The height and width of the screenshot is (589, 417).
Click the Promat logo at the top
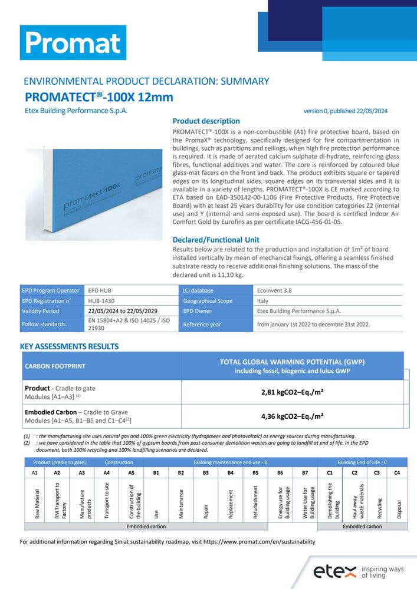pos(73,42)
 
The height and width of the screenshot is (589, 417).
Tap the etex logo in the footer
pos(334,571)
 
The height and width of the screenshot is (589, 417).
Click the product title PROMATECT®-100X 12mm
pos(99,97)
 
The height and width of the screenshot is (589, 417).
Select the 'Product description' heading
pos(206,121)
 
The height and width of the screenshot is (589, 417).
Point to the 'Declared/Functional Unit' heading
pos(215,240)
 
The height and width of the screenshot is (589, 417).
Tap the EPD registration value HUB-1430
pos(101,300)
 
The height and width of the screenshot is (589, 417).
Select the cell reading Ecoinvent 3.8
pos(275,290)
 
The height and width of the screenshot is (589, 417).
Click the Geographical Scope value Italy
pos(263,300)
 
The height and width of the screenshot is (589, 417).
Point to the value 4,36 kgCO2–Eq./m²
pos(292,416)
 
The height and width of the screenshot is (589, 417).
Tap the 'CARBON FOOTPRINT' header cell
pos(55,366)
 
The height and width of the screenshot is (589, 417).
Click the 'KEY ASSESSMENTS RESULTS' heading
pos(70,346)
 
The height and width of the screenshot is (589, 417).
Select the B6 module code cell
pos(280,473)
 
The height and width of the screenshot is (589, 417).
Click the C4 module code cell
pos(397,473)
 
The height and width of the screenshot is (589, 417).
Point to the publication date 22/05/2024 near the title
pos(369,111)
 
